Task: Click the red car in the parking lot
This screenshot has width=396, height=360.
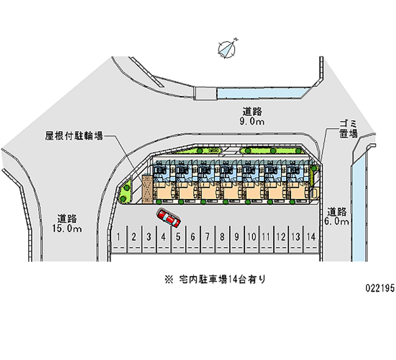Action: [168, 217]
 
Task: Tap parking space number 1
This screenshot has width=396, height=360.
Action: [119, 237]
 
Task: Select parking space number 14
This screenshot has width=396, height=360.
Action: [310, 237]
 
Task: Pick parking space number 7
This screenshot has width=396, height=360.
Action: [207, 237]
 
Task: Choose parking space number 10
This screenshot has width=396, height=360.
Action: [251, 237]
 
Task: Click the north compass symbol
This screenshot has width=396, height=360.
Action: [227, 48]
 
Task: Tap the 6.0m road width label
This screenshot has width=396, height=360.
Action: [338, 222]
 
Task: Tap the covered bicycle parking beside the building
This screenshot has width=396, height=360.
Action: [147, 188]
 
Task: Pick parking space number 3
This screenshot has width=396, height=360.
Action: [148, 237]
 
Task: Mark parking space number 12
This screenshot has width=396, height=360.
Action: [281, 237]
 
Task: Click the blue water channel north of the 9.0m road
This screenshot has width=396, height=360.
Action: [262, 93]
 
